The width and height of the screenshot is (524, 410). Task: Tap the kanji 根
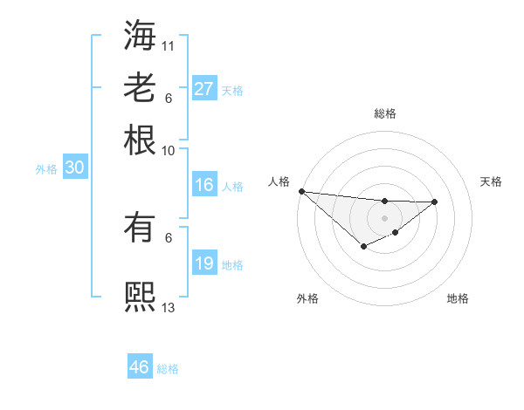pos(140,140)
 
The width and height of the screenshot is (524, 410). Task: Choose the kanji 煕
pos(140,297)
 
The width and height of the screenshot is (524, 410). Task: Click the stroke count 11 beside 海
pos(169,44)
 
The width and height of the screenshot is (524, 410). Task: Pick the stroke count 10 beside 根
pos(169,150)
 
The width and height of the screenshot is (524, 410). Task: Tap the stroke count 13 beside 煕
pos(169,307)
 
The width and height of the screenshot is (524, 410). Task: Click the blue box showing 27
pos(204,88)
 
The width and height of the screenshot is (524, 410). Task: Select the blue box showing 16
pos(204,185)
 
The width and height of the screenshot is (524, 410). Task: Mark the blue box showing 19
pos(204,263)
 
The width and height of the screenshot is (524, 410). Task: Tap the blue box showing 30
pos(74,168)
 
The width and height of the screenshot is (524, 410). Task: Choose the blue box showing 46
pos(140,367)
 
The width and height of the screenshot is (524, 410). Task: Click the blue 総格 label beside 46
pos(168,369)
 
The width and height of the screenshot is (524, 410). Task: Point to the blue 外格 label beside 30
pos(46,170)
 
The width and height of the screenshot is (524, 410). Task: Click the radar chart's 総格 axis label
pos(384,113)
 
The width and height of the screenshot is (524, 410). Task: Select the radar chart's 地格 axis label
pos(458,299)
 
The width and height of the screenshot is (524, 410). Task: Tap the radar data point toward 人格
pos(301,191)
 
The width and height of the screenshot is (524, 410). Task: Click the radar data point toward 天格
pos(435,202)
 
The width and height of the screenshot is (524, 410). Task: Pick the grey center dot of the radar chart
pos(384,217)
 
